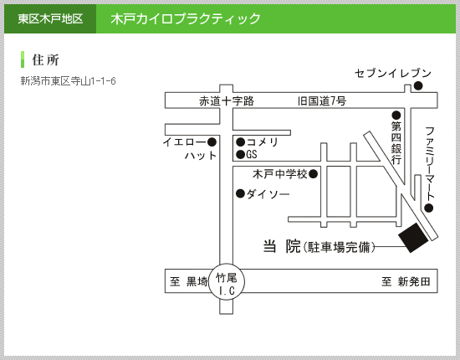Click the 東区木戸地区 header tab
tap(50, 18)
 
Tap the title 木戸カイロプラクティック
tap(186, 18)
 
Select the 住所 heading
tap(45, 60)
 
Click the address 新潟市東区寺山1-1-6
tap(68, 80)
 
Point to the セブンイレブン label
tap(393, 73)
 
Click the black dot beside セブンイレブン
tap(418, 85)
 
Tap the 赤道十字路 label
tap(227, 101)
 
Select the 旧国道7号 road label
tap(322, 101)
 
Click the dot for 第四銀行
tap(396, 115)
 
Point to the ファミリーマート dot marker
tap(428, 208)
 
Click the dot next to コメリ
tap(241, 142)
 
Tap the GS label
tap(252, 154)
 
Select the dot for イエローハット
tap(212, 142)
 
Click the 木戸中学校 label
tap(279, 174)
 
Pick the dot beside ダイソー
tap(241, 193)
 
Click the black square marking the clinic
tap(413, 238)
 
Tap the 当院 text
tap(282, 246)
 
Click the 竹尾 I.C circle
tap(227, 281)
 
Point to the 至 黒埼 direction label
tap(189, 281)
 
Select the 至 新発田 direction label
tap(406, 281)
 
